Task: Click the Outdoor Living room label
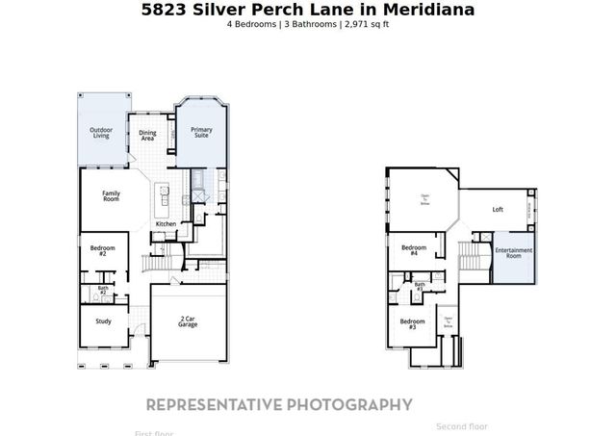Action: coord(100,133)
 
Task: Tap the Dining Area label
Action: coord(147,136)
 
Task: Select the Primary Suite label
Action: coord(201,133)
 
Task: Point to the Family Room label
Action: coord(111,195)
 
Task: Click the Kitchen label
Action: coord(166,224)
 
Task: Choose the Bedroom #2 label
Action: coord(103,250)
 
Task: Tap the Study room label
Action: coord(103,321)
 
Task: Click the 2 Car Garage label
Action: coord(189,321)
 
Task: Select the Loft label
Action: coord(498,209)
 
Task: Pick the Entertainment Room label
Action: coord(514,253)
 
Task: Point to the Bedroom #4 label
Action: coord(414,250)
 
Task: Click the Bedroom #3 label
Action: coord(412,323)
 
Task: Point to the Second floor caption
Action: coord(462,426)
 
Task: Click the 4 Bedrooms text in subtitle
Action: coord(253,23)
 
